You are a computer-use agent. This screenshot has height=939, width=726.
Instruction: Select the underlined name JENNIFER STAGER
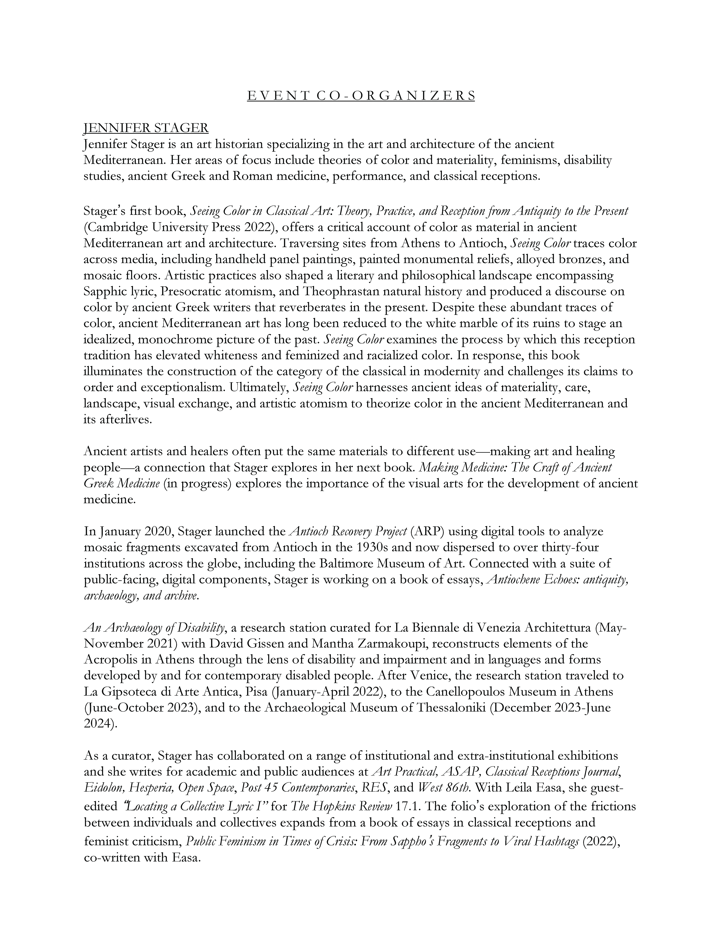[146, 128]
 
